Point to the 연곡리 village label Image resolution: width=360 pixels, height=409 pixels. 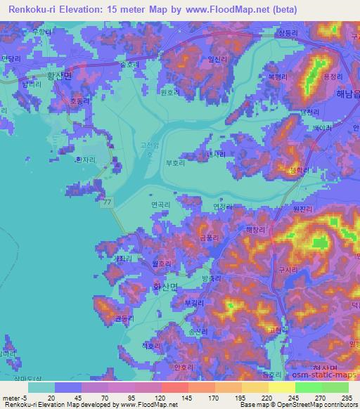(x=160, y=204)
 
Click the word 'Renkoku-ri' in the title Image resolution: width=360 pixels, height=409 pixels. (x=34, y=9)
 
